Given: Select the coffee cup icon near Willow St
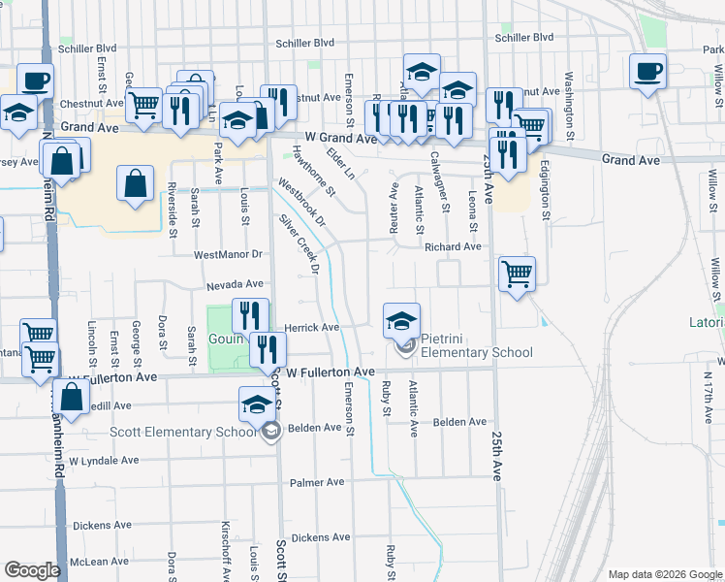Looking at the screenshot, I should [648, 71].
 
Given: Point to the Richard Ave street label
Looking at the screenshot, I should [453, 247].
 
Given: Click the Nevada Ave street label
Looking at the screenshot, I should [235, 285].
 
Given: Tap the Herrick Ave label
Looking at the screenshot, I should [311, 328].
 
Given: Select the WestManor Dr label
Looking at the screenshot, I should [229, 255].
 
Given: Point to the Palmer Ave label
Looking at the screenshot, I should [317, 482].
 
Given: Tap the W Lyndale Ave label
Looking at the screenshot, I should [104, 461].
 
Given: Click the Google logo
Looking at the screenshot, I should [32, 570].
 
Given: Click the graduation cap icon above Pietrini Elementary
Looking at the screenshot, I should [401, 320].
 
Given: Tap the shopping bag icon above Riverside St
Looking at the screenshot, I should [135, 181].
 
